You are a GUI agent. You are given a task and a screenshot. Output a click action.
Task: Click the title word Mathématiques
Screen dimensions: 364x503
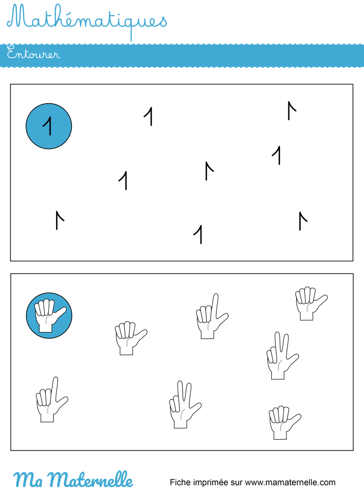point(87,21)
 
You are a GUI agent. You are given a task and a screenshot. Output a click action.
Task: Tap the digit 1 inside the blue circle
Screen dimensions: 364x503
point(48,126)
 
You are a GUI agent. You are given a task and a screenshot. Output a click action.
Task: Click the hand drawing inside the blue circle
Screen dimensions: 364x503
point(50,316)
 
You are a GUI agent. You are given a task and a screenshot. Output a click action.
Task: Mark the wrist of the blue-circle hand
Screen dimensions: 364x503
point(45,328)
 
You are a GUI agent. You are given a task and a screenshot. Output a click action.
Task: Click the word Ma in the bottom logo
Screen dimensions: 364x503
point(28,480)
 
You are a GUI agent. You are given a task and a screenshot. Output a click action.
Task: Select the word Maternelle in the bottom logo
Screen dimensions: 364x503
point(91,480)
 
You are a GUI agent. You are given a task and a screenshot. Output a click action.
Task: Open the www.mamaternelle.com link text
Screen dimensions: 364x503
point(290,483)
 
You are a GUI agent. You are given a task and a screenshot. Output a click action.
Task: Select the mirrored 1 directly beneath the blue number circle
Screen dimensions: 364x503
point(60,220)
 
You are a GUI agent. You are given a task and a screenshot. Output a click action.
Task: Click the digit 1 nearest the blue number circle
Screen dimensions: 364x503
point(148,116)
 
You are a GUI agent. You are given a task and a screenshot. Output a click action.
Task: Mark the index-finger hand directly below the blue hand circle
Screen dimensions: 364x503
point(52,400)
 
